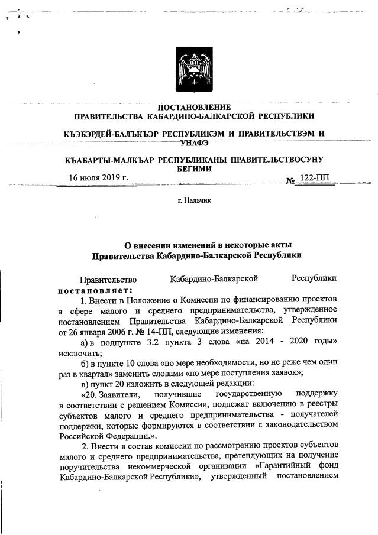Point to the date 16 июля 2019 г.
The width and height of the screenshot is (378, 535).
point(99,178)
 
